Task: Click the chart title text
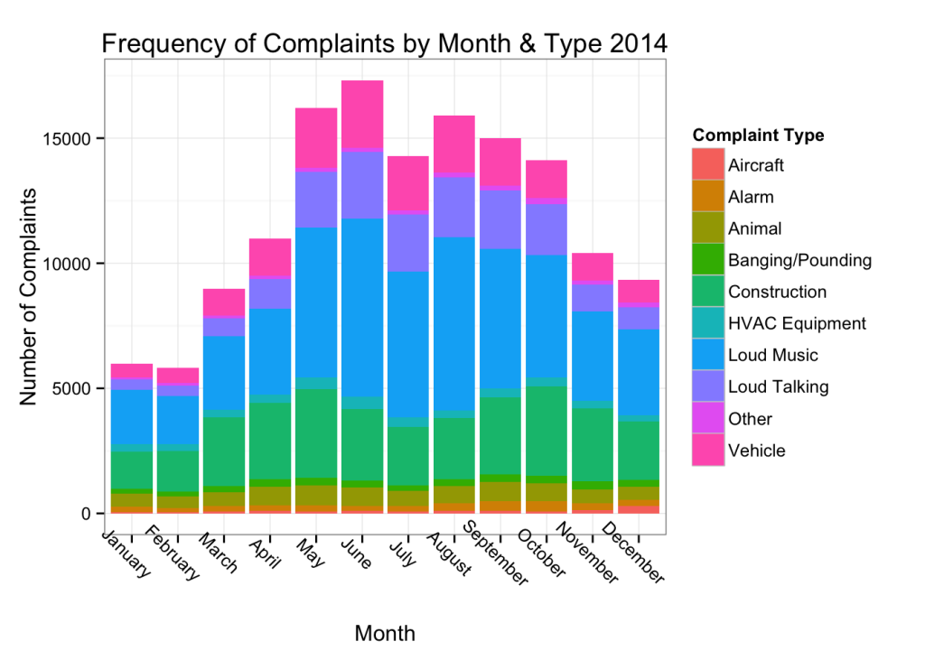(x=384, y=43)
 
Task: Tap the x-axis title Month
(x=385, y=633)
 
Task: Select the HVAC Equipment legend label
(x=796, y=323)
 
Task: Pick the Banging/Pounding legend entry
(x=799, y=260)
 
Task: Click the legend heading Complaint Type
(x=758, y=135)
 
